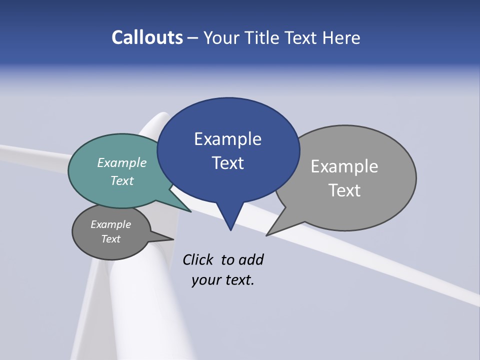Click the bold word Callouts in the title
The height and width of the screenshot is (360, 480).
click(147, 37)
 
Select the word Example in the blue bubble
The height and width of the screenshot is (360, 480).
click(227, 139)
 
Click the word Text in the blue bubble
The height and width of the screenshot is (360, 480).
click(227, 163)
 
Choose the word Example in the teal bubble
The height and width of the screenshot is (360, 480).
click(122, 162)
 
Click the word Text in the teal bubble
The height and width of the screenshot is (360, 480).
click(122, 180)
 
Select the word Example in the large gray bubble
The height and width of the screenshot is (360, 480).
click(344, 166)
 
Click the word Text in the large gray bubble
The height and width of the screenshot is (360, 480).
click(344, 190)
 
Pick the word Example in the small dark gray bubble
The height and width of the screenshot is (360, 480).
click(111, 224)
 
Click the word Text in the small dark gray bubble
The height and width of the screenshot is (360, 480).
click(111, 239)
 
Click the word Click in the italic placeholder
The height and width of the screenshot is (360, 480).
click(198, 260)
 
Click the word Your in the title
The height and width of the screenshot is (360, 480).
click(222, 37)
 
